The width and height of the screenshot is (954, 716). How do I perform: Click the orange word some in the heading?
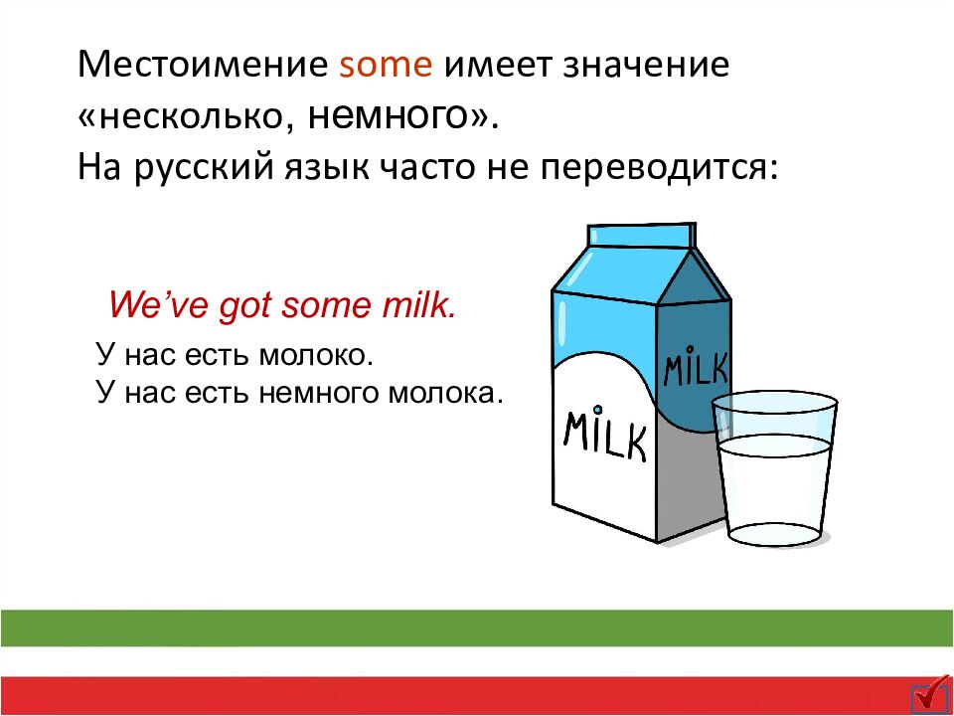click(x=386, y=66)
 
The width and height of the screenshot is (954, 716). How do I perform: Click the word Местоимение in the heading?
click(x=203, y=66)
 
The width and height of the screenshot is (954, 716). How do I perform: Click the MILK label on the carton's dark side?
click(x=695, y=368)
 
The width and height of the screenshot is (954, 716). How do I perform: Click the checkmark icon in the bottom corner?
click(x=930, y=695)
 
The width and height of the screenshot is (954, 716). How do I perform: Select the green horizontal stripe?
click(x=477, y=627)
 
